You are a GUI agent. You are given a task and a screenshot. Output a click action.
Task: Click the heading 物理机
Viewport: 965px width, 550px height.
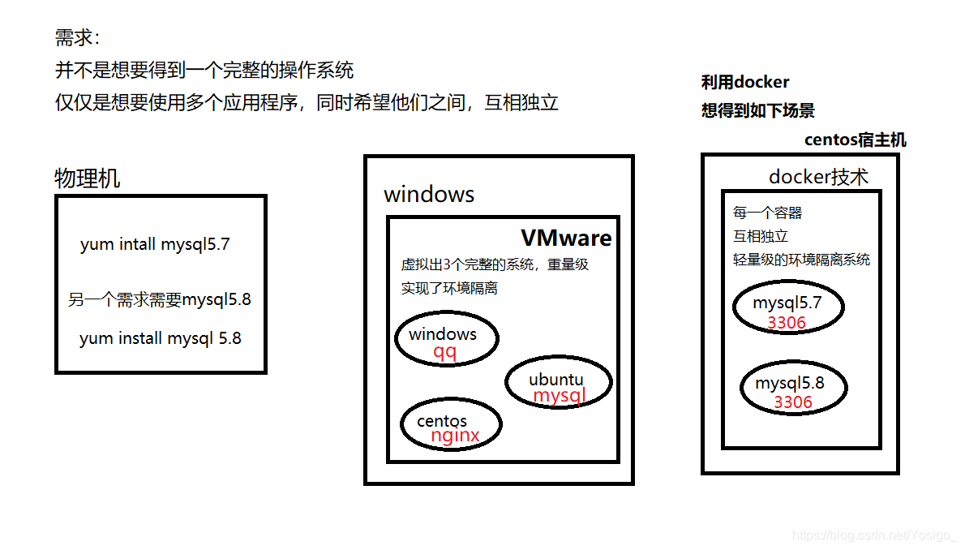pyautogui.click(x=88, y=178)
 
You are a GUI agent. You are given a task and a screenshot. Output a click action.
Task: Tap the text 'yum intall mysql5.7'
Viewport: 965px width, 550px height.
pyautogui.click(x=155, y=244)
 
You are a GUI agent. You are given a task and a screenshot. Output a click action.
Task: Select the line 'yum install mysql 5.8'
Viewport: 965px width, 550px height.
pyautogui.click(x=161, y=338)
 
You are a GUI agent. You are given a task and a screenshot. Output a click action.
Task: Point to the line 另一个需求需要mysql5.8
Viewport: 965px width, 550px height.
pyautogui.click(x=160, y=299)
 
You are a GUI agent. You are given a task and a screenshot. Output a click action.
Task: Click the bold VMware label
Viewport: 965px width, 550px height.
pyautogui.click(x=566, y=238)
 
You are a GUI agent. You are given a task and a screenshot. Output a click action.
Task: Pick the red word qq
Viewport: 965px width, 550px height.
pyautogui.click(x=444, y=351)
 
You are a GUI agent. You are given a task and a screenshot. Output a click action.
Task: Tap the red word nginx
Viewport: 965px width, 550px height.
pyautogui.click(x=455, y=436)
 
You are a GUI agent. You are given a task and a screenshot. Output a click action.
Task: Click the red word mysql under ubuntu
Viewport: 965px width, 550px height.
pyautogui.click(x=559, y=395)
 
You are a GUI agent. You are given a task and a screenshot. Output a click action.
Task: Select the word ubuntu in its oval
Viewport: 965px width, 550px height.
pyautogui.click(x=555, y=380)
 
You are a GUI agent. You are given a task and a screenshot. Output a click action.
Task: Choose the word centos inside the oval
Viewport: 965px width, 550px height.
pyautogui.click(x=442, y=421)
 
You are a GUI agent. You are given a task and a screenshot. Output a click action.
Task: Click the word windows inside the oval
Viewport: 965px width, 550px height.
pyautogui.click(x=443, y=334)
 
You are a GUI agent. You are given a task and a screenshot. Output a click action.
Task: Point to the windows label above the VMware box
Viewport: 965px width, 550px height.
pyautogui.click(x=429, y=195)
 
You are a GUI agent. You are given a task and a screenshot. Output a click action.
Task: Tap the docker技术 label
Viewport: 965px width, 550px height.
pyautogui.click(x=818, y=178)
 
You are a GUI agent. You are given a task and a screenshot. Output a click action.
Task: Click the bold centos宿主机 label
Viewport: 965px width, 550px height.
pyautogui.click(x=855, y=140)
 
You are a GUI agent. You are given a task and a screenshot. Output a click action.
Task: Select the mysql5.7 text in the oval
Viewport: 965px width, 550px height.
pyautogui.click(x=787, y=304)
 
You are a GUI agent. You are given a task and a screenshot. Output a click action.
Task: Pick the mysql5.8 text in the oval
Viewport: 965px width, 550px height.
pyautogui.click(x=790, y=383)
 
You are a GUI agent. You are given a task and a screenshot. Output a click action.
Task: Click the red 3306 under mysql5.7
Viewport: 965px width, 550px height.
pyautogui.click(x=787, y=323)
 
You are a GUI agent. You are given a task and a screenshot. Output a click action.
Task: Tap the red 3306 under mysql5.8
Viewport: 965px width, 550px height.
pyautogui.click(x=793, y=402)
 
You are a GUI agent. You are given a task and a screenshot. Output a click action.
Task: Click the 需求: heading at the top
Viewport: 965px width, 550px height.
pyautogui.click(x=78, y=38)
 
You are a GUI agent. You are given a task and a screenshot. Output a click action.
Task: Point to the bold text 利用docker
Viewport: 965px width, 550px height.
pyautogui.click(x=745, y=82)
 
